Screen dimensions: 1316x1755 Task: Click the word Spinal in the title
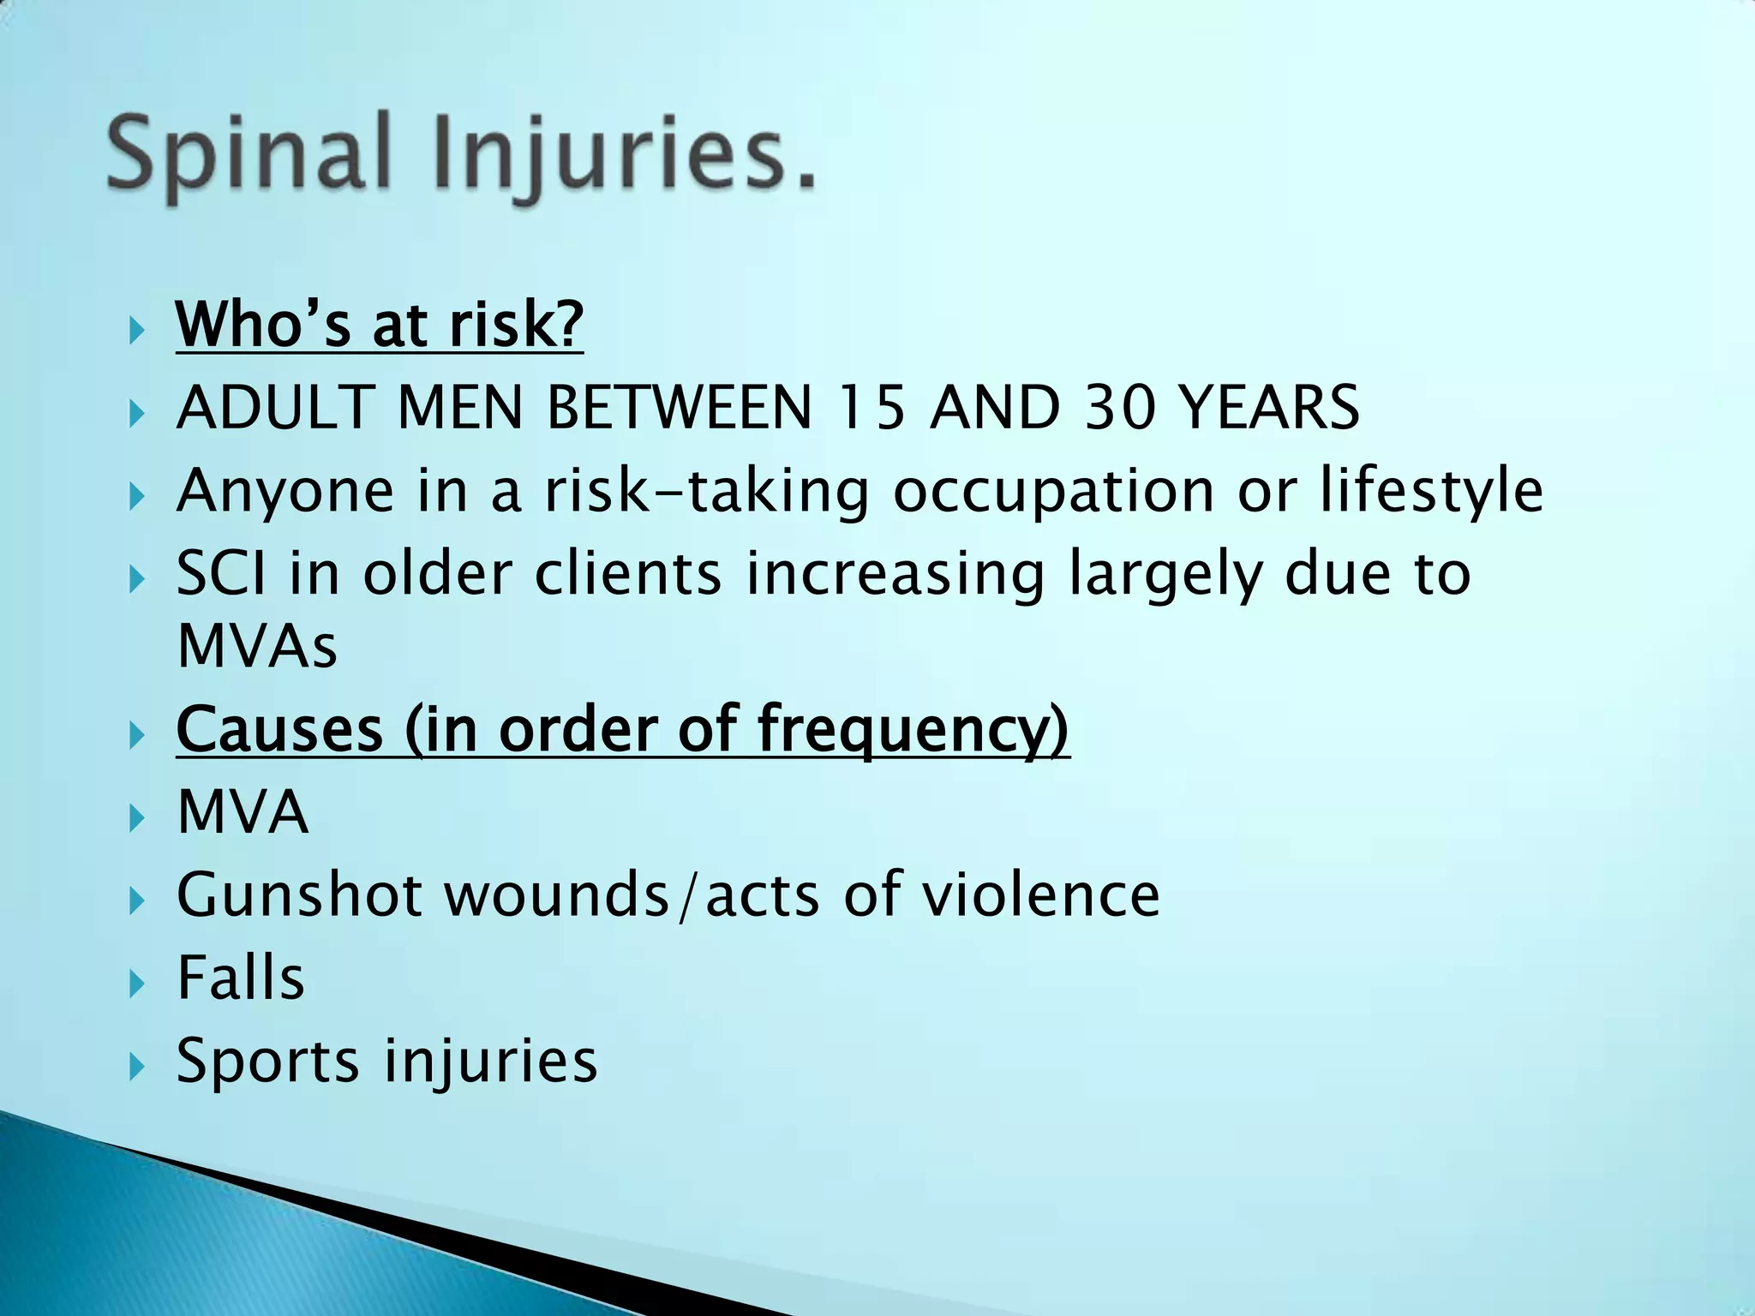[249, 154]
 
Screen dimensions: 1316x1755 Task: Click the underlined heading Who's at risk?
[379, 325]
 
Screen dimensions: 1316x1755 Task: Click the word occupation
[1053, 492]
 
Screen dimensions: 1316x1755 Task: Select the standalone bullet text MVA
[242, 811]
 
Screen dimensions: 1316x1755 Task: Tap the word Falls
[241, 978]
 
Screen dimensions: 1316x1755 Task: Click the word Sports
[267, 1062]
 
